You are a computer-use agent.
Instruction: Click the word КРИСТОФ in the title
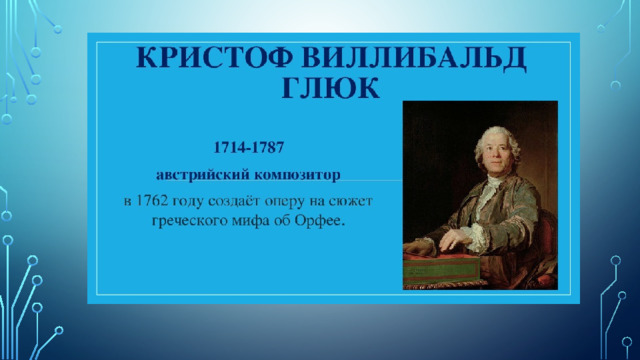(214, 57)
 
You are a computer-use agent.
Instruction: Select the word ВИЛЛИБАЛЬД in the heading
(413, 58)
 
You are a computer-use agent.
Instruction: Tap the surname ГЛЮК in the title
(331, 87)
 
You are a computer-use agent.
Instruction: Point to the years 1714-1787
(249, 147)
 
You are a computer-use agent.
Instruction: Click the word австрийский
(203, 175)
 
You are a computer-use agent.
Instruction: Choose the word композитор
(297, 175)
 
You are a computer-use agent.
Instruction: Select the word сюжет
(351, 201)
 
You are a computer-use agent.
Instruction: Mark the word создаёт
(233, 201)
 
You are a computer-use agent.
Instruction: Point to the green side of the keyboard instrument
(442, 270)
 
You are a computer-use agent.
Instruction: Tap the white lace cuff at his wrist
(478, 239)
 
